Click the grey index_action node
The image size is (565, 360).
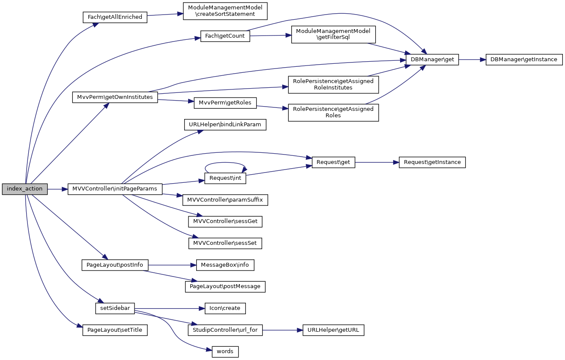(x=24, y=189)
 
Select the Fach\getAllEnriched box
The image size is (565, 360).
(x=114, y=17)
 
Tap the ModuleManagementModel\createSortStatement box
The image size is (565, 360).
(x=225, y=11)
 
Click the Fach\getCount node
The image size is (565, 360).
(x=225, y=36)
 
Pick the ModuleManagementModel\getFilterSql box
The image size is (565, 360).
(x=333, y=35)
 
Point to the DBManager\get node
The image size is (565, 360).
(x=432, y=60)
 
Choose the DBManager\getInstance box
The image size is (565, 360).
(x=524, y=60)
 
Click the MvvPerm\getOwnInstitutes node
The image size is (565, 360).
(x=115, y=97)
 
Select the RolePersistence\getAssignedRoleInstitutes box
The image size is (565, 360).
(x=333, y=84)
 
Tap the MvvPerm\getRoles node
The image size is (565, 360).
(x=225, y=103)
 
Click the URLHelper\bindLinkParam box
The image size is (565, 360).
(x=225, y=125)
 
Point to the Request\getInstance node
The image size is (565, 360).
(x=432, y=162)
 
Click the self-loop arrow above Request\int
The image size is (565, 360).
(x=225, y=163)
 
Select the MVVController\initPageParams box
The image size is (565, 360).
(x=115, y=189)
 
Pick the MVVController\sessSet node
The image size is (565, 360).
(x=225, y=243)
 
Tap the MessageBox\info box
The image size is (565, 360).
(x=225, y=265)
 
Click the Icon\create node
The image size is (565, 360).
(x=225, y=308)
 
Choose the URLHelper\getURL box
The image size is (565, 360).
(x=333, y=330)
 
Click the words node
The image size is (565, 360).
(x=225, y=351)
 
